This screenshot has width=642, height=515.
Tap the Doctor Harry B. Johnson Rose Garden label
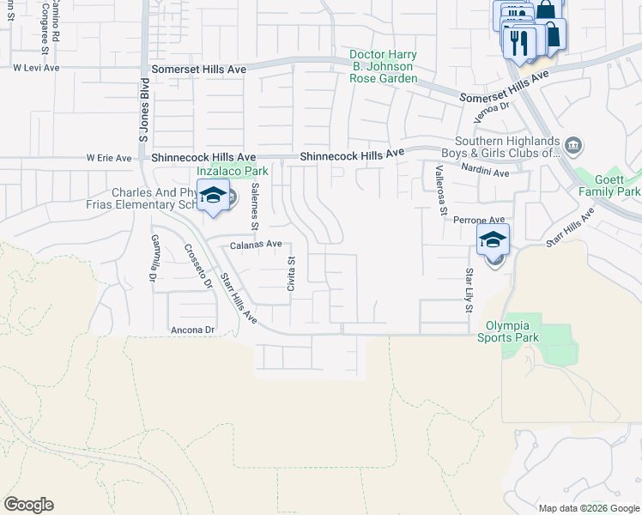coord(383,67)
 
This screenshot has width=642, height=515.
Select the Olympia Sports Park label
coord(512,331)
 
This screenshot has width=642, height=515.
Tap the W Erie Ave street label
coord(109,158)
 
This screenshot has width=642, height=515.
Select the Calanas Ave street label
coord(256,245)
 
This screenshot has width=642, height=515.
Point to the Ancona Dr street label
coord(191,330)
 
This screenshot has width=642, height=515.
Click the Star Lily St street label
coord(469,288)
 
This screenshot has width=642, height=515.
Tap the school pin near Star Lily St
coord(494,240)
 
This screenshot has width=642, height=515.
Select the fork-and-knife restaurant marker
coord(518,42)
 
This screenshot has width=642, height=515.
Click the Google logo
coord(28,505)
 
